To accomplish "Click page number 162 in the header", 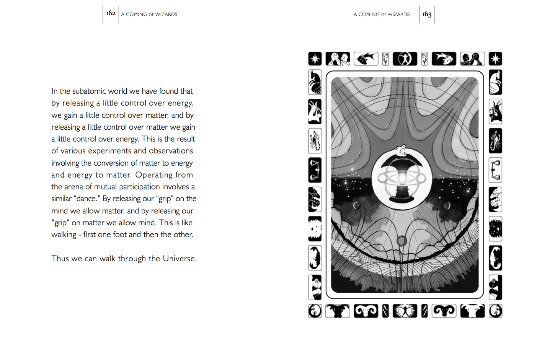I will pyautogui.click(x=111, y=13).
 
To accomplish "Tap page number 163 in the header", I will pyautogui.click(x=427, y=14).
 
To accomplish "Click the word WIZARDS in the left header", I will pyautogui.click(x=166, y=15).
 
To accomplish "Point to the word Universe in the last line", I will pyautogui.click(x=179, y=259).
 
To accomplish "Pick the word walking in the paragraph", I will pyautogui.click(x=64, y=235).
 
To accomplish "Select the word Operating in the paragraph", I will pyautogui.click(x=154, y=175).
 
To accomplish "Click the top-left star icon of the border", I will pyautogui.click(x=315, y=59).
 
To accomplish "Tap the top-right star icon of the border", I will pyautogui.click(x=495, y=59).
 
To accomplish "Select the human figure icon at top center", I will pyautogui.click(x=405, y=59).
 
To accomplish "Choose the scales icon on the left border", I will pyautogui.click(x=315, y=170).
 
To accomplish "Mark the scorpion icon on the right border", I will pyautogui.click(x=495, y=141).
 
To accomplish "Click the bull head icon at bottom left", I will pyautogui.click(x=338, y=311).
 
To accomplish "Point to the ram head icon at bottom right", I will pyautogui.click(x=444, y=311).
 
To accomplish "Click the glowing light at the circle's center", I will pyautogui.click(x=402, y=178).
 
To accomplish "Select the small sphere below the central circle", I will pyautogui.click(x=402, y=241).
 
